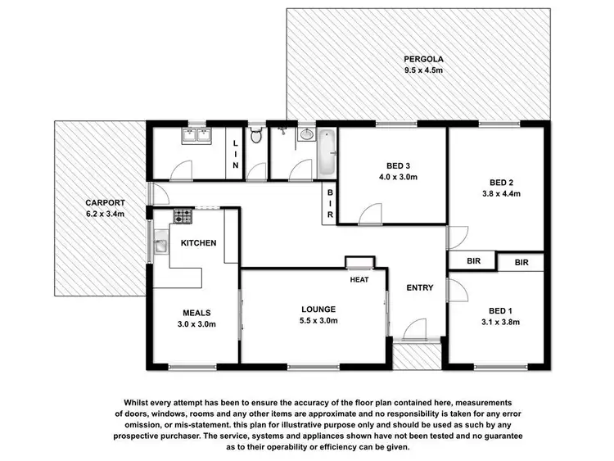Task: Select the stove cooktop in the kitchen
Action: point(183,217)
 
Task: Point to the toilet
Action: point(256,137)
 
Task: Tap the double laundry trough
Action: point(196,136)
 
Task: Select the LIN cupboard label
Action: point(236,154)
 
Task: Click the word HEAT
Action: point(359,280)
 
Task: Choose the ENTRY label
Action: point(420,288)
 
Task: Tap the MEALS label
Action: point(196,313)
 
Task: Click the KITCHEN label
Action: point(198,243)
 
